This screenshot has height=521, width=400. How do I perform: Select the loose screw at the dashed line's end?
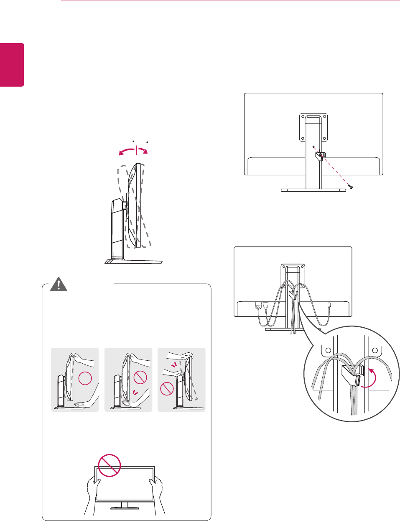click(x=350, y=187)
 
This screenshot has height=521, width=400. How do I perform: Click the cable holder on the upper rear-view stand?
click(x=320, y=156)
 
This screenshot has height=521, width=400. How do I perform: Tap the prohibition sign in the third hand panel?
click(x=167, y=389)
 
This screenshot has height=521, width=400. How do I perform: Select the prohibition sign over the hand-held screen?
click(x=109, y=465)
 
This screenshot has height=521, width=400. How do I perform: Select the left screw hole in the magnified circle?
click(x=328, y=351)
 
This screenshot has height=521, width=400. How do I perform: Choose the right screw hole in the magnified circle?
click(x=375, y=351)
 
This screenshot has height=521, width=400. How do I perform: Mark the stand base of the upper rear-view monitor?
click(x=313, y=190)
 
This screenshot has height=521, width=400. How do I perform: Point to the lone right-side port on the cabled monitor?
click(x=330, y=306)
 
